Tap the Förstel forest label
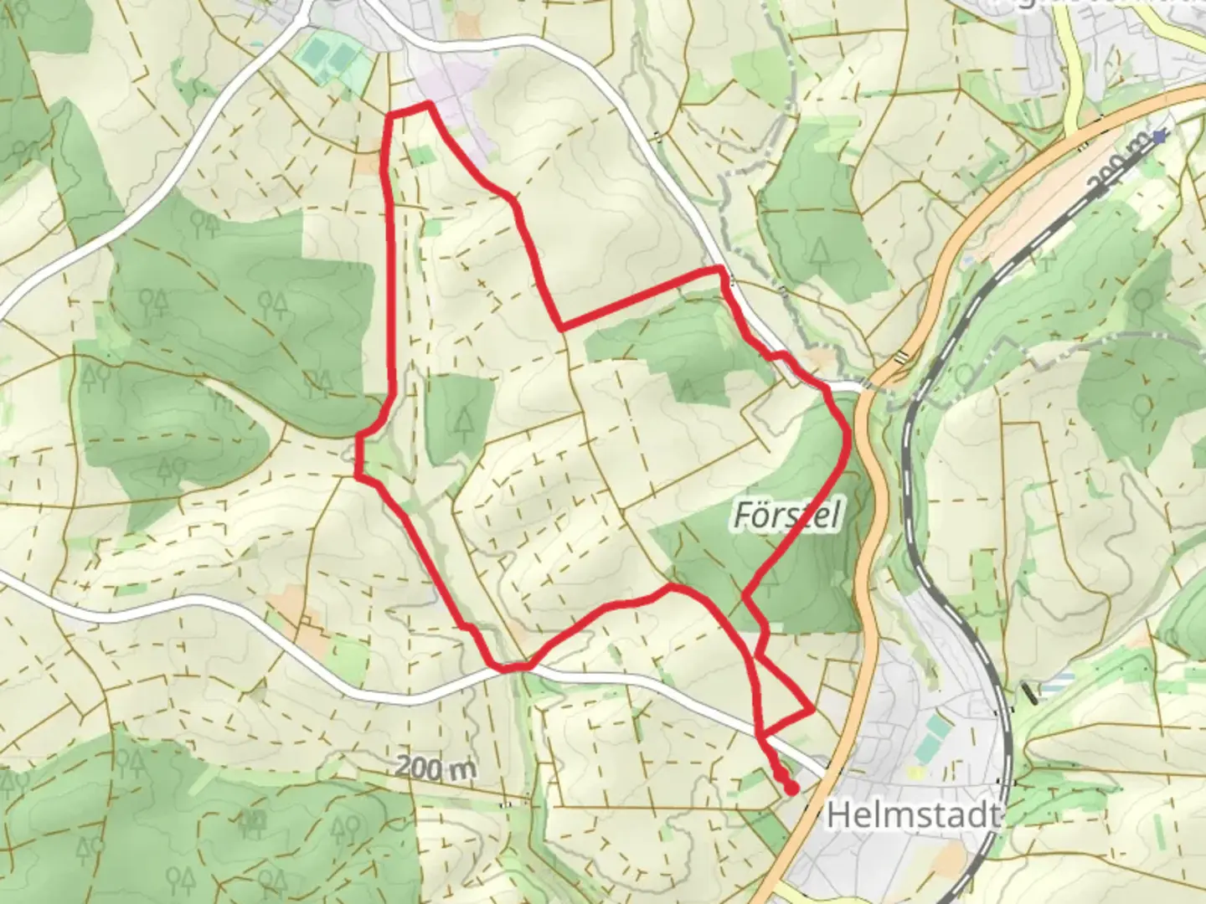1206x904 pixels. [x=786, y=515]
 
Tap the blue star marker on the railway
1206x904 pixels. [x=1159, y=136]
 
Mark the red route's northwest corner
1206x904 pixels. [x=390, y=113]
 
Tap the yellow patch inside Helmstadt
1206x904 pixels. [x=919, y=773]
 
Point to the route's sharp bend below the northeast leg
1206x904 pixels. [x=560, y=325]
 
